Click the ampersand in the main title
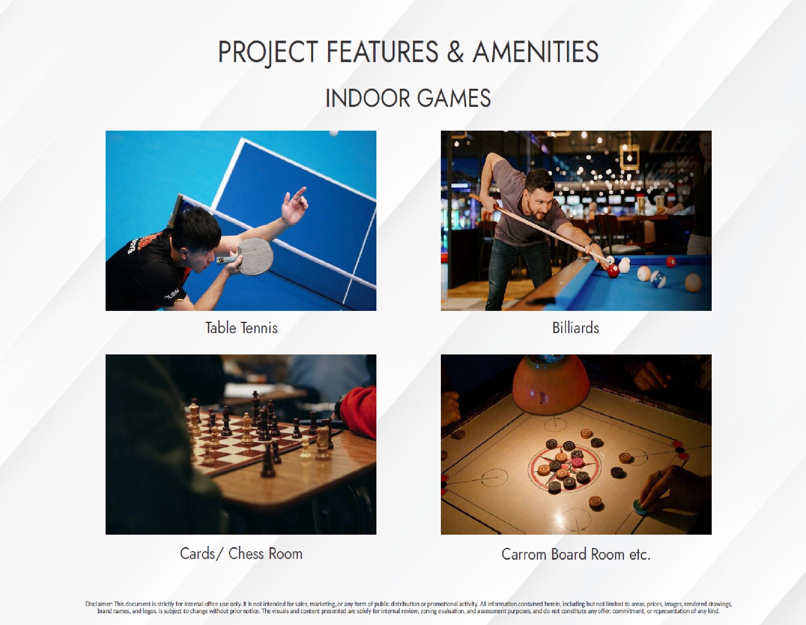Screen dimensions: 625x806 coord(455,52)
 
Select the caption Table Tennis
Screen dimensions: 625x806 coord(241,327)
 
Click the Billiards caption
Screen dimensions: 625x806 coord(575,327)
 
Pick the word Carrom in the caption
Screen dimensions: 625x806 coord(524,554)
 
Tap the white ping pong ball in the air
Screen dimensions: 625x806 coord(333,133)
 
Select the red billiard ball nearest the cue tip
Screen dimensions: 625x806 coord(613,270)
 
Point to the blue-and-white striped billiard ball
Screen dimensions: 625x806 coord(658,279)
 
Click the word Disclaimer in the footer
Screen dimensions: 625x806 coord(98,604)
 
